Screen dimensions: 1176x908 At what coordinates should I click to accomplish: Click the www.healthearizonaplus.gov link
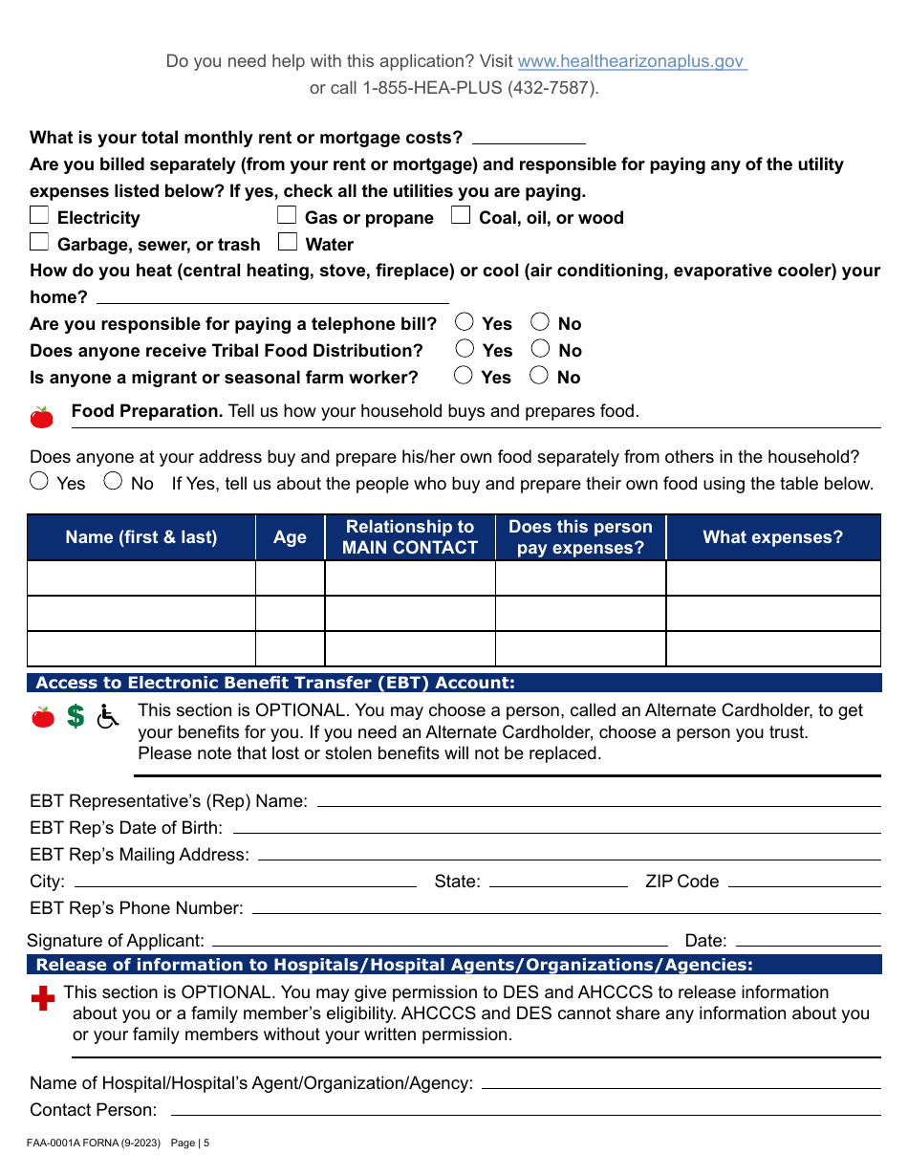[631, 61]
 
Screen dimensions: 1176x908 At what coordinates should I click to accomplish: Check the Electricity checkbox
[39, 216]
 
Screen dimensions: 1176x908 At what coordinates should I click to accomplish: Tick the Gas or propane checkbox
[287, 216]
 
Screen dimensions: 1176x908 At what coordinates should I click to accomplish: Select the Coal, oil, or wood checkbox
[461, 216]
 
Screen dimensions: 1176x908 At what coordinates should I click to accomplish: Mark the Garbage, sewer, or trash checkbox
[39, 243]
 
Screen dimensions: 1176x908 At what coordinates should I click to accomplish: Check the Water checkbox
[287, 243]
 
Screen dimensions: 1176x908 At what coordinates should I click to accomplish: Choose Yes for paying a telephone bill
[465, 323]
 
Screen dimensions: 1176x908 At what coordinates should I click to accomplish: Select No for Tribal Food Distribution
[540, 350]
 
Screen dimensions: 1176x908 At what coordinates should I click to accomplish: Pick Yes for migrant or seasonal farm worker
[464, 377]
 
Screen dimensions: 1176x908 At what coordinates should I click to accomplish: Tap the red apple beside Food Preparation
[42, 417]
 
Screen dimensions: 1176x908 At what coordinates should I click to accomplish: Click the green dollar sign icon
[76, 716]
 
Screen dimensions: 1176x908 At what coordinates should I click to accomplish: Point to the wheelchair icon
[108, 716]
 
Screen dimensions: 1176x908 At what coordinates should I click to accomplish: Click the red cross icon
[43, 999]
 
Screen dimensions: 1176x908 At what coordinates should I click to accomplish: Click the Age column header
[290, 537]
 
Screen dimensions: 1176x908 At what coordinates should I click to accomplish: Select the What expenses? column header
[772, 537]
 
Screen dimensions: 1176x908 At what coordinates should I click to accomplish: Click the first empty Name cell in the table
[141, 578]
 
